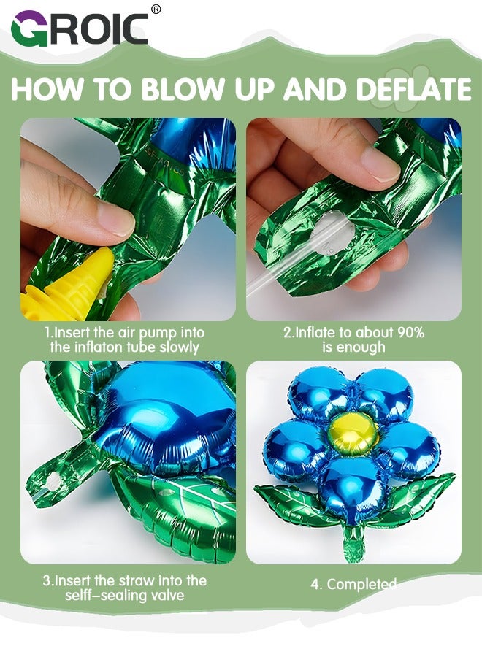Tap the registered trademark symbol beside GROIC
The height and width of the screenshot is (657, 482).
(x=156, y=9)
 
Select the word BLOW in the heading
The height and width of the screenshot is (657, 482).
(x=182, y=89)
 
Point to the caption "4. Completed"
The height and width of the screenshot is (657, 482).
(x=361, y=584)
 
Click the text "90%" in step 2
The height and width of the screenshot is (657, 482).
(x=410, y=332)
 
